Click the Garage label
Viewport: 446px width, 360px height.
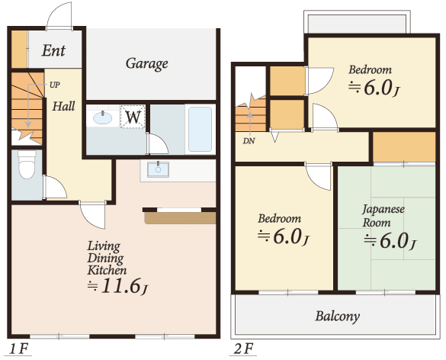coord(147,64)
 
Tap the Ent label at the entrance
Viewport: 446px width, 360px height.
coord(53,50)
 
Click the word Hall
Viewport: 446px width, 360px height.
coord(64,106)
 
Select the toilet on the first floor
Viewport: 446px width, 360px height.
coord(27,164)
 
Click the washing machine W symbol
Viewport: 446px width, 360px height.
coord(133,117)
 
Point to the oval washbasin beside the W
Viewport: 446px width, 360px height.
coord(103,117)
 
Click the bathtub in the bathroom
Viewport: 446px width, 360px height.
coord(200,129)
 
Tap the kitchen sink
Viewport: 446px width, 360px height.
coord(158,169)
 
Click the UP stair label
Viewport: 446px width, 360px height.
coord(55,85)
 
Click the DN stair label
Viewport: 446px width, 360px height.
coord(249,141)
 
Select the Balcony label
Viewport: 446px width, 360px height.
coord(337,316)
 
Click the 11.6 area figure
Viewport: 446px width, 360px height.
coord(121,286)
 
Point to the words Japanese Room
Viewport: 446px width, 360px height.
coord(383,216)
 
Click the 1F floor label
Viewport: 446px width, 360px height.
coord(19,349)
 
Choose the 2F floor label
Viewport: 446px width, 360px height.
coord(243,349)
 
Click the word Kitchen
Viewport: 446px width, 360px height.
coord(107,270)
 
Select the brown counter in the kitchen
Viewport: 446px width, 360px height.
coord(180,218)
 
